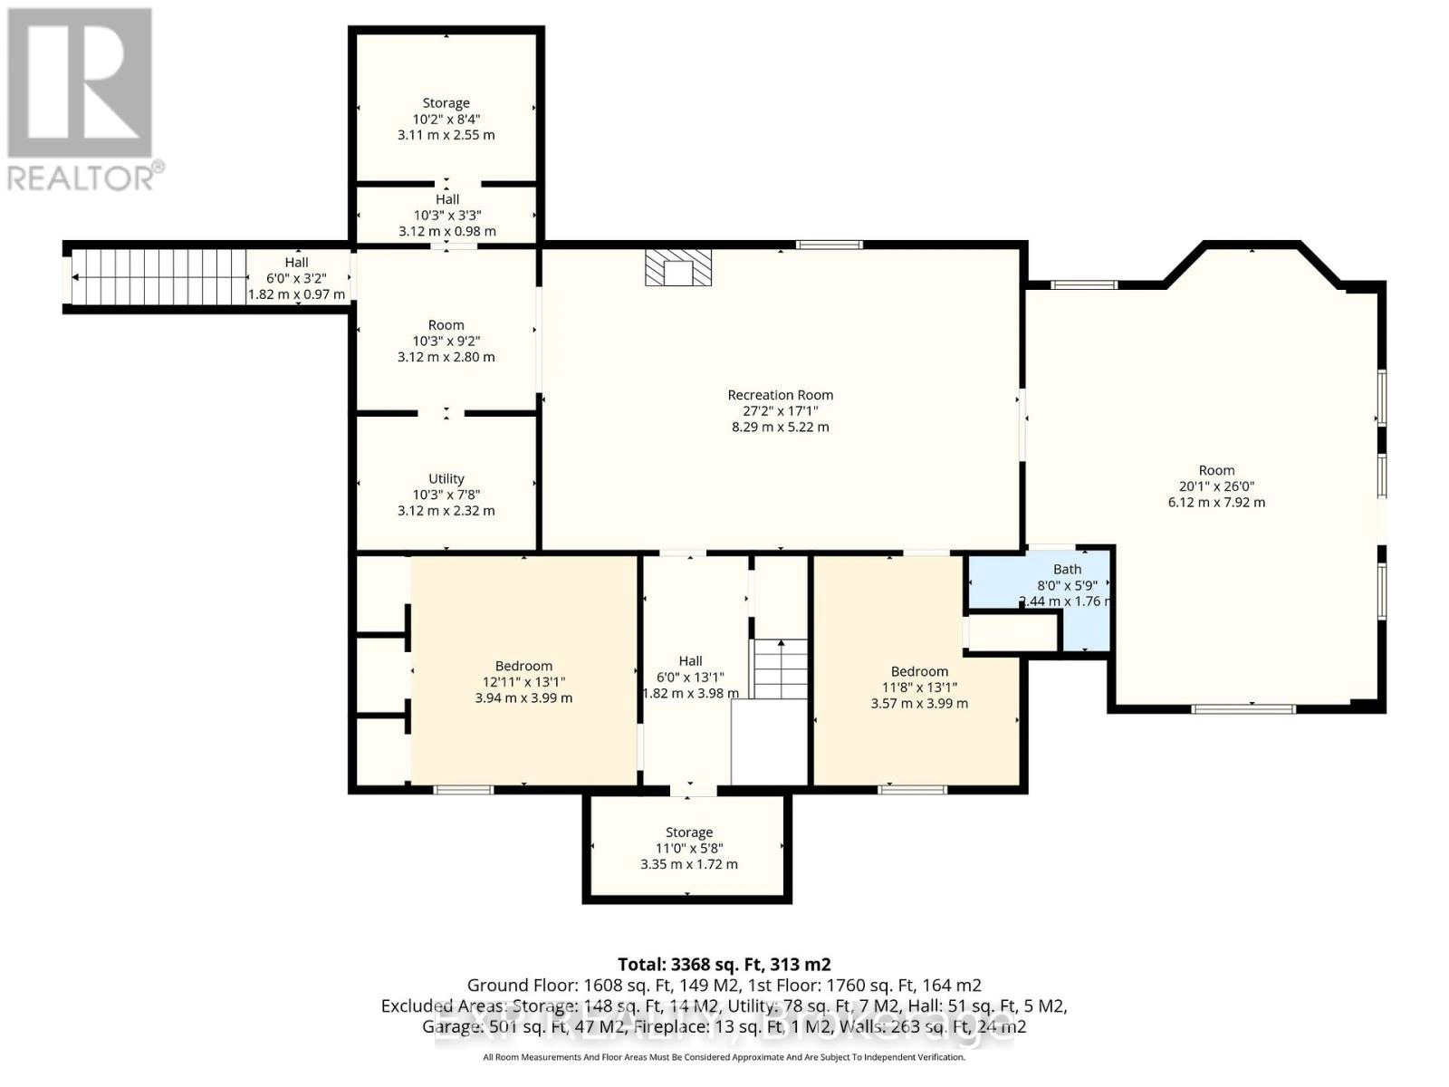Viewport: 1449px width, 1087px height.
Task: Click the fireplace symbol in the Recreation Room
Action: click(677, 268)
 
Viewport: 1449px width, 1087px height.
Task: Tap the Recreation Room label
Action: click(780, 395)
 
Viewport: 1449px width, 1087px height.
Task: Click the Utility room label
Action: click(446, 478)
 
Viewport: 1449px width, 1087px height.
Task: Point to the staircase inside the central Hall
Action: click(781, 669)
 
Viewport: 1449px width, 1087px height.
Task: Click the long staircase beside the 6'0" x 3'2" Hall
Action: click(159, 277)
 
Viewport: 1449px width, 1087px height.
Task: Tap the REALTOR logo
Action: click(82, 100)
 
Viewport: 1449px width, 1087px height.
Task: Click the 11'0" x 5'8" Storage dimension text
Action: click(688, 849)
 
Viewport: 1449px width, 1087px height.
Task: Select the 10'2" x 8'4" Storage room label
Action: click(446, 103)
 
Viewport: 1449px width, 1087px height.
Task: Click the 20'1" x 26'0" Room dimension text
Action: click(1216, 486)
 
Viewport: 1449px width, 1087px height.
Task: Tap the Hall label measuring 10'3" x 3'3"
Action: click(446, 199)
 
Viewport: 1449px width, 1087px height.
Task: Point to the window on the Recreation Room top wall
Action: click(829, 244)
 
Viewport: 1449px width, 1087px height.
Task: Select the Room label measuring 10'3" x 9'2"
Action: click(446, 325)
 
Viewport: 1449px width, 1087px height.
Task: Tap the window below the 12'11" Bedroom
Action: click(464, 790)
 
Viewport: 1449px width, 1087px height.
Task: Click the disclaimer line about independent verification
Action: click(724, 1057)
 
